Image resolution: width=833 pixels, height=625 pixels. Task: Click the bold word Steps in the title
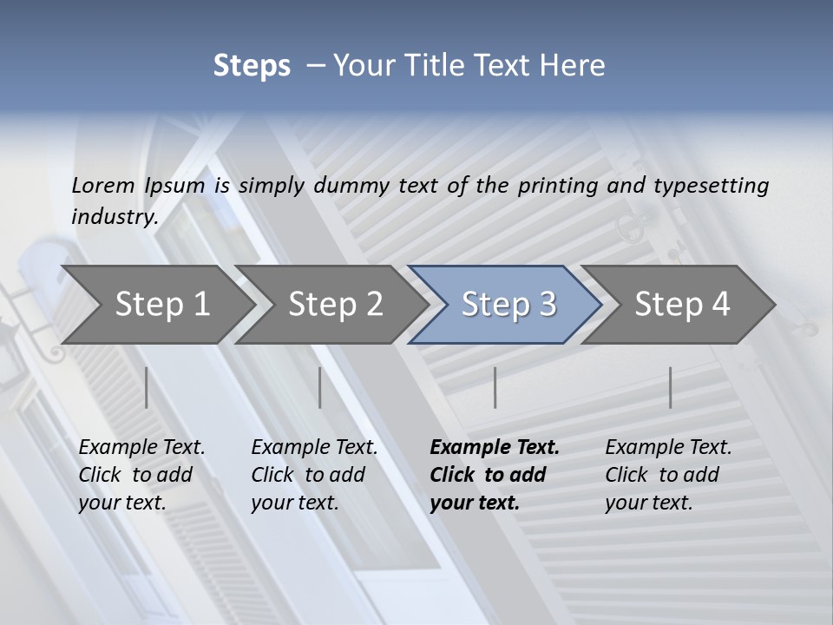pos(252,66)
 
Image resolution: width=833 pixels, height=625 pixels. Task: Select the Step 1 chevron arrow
pos(156,304)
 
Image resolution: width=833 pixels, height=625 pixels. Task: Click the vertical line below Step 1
pos(147,387)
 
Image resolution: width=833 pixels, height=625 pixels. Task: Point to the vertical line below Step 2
pos(320,387)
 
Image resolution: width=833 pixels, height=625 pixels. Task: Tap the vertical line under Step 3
pos(495,387)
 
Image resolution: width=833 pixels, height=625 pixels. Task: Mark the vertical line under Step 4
pos(671,387)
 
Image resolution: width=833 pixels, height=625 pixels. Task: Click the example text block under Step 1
pos(141,475)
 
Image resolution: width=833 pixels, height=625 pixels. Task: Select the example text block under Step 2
pos(314,475)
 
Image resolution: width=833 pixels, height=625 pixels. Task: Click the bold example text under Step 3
pos(495,475)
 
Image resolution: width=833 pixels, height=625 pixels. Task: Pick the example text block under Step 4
pos(668,475)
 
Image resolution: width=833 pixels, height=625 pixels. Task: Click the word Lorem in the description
pos(103,185)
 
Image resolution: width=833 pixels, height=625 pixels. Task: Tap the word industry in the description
pos(115,217)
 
